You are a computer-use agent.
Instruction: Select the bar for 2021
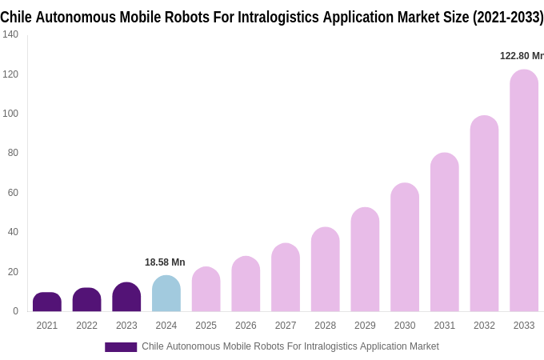pyautogui.click(x=47, y=302)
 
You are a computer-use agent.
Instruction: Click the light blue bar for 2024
pyautogui.click(x=166, y=294)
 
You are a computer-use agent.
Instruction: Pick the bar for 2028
pyautogui.click(x=326, y=270)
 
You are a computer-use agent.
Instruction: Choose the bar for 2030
pyautogui.click(x=405, y=247)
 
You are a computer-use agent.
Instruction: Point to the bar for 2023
pyautogui.click(x=126, y=297)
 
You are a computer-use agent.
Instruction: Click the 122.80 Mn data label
pyautogui.click(x=522, y=56)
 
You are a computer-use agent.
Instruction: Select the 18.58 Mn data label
pyautogui.click(x=165, y=262)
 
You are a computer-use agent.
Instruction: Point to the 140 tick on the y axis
pyautogui.click(x=10, y=34)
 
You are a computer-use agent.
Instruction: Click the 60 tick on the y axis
pyautogui.click(x=13, y=193)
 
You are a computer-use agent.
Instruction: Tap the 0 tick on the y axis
pyautogui.click(x=15, y=311)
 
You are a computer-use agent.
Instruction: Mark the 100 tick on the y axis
pyautogui.click(x=10, y=114)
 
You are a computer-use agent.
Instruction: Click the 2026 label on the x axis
pyautogui.click(x=246, y=326)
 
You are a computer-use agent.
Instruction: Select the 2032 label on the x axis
pyautogui.click(x=484, y=326)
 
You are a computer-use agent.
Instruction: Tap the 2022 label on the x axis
pyautogui.click(x=86, y=326)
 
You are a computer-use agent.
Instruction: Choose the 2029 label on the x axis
pyautogui.click(x=365, y=326)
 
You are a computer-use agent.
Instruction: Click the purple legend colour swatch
pyautogui.click(x=121, y=347)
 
